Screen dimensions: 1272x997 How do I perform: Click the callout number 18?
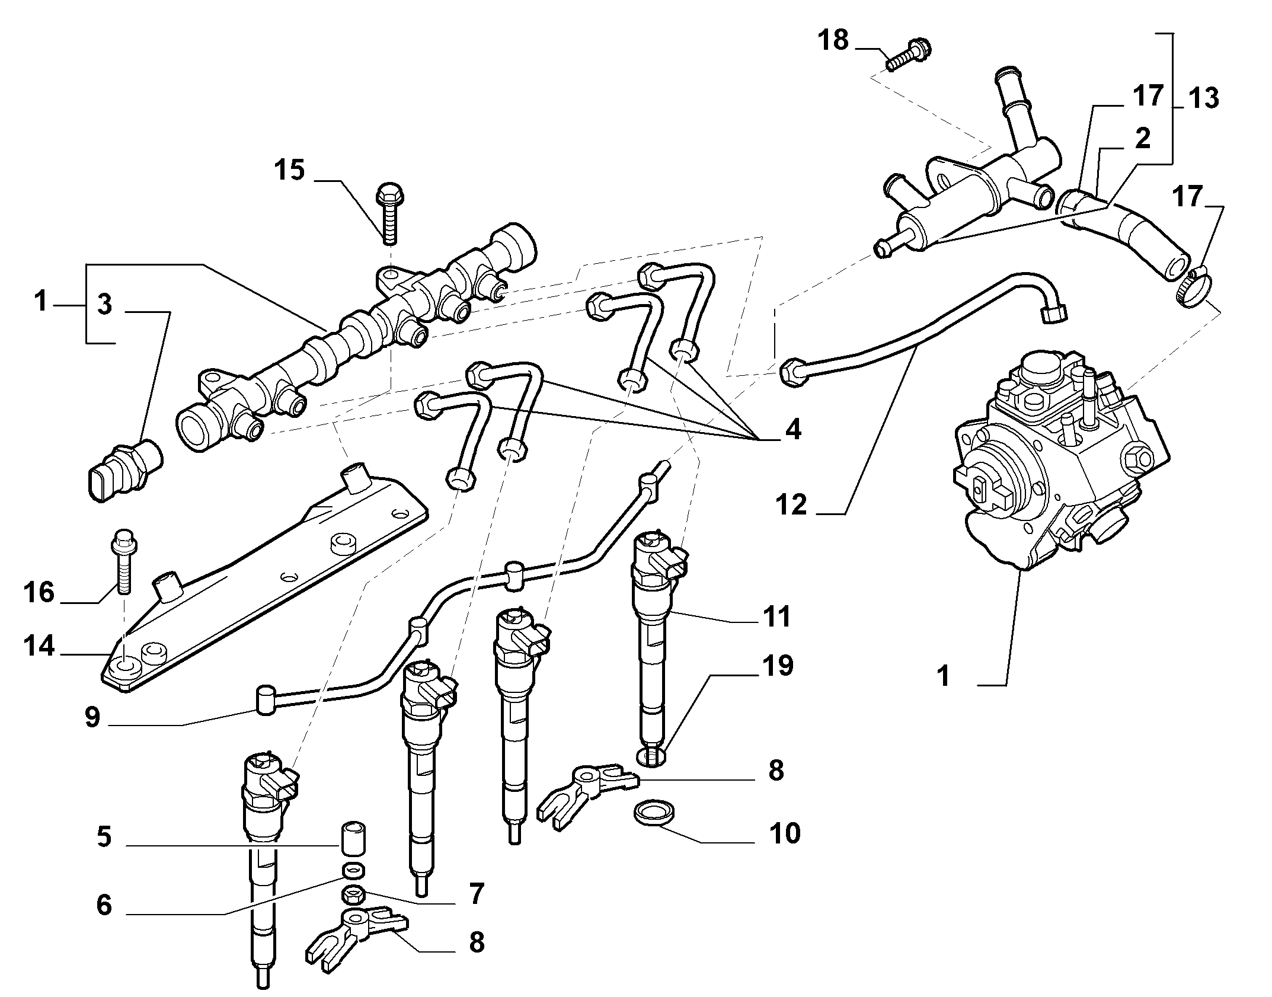click(833, 41)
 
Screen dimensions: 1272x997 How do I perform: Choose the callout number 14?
click(39, 646)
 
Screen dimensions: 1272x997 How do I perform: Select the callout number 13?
click(1203, 98)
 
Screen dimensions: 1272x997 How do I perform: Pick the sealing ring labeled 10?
click(653, 812)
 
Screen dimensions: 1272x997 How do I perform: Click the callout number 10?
click(785, 833)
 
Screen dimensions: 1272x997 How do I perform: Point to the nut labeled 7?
click(354, 893)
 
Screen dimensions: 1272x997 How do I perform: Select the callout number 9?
click(92, 717)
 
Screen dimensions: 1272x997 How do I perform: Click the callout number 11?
click(777, 616)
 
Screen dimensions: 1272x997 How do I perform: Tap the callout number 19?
click(778, 665)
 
